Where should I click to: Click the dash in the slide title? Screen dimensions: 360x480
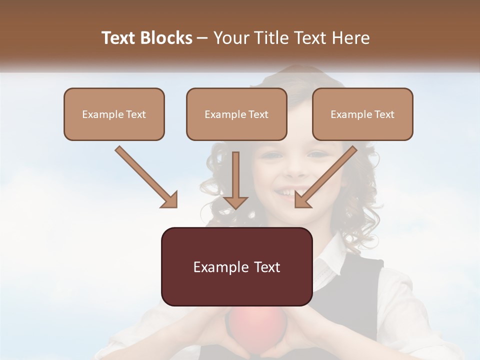coord(202,38)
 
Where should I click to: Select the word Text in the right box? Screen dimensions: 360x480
coord(384,114)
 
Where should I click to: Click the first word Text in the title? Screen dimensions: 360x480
coord(118,38)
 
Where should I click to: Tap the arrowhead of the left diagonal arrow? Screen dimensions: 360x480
coord(170,200)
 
